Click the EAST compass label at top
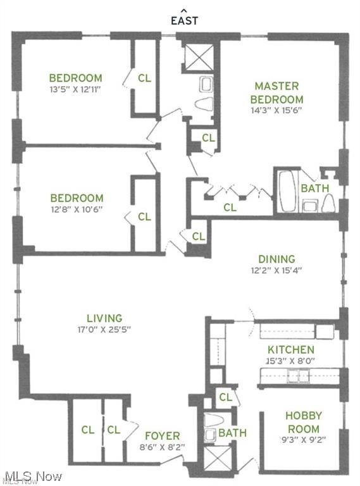tap(184, 20)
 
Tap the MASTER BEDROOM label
tap(276, 92)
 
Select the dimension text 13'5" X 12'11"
tap(75, 89)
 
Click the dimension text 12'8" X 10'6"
tap(77, 209)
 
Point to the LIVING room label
tap(104, 318)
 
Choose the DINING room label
tap(276, 258)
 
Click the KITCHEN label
tap(290, 349)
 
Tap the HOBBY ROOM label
tap(303, 422)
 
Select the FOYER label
tap(162, 435)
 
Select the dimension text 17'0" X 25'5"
tap(104, 329)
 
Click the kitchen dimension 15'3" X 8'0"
tap(290, 361)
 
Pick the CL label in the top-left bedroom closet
tap(144, 78)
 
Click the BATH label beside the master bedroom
tap(314, 188)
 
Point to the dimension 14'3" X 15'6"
tap(276, 110)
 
